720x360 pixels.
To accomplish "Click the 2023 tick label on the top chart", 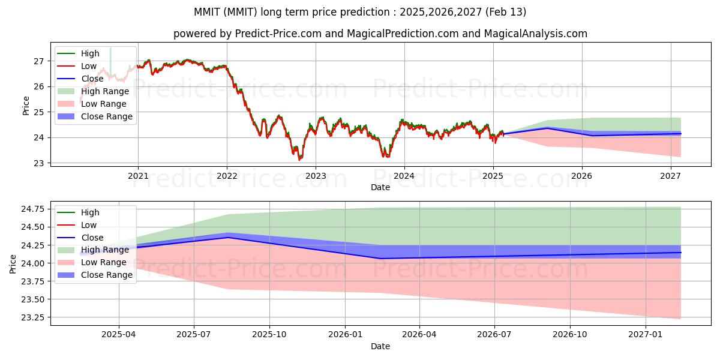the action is click(x=316, y=176).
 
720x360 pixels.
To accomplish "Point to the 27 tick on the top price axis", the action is click(x=38, y=61).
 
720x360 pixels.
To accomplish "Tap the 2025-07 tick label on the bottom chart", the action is click(x=193, y=335).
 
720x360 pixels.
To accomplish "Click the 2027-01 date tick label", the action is click(x=646, y=335).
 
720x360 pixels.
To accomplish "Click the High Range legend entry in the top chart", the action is click(x=93, y=91).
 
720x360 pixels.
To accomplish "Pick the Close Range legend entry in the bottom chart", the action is click(x=95, y=275).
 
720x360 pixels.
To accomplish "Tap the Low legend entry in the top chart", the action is click(x=77, y=66).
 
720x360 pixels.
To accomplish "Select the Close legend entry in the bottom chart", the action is click(x=80, y=238).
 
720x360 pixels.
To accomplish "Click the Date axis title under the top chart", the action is click(x=380, y=187).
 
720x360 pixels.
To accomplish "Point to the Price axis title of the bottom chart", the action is click(x=13, y=264).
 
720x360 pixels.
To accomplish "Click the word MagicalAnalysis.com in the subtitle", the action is click(x=535, y=34).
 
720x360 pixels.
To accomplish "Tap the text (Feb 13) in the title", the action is click(x=506, y=12).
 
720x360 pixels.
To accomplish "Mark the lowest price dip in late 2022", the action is click(x=299, y=160).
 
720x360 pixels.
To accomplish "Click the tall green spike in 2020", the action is click(x=110, y=61).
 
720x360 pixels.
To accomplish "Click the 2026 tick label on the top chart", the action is click(x=582, y=176).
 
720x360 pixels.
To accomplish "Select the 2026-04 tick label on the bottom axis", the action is click(x=419, y=335).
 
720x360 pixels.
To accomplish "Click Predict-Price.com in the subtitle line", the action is click(x=278, y=34).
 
